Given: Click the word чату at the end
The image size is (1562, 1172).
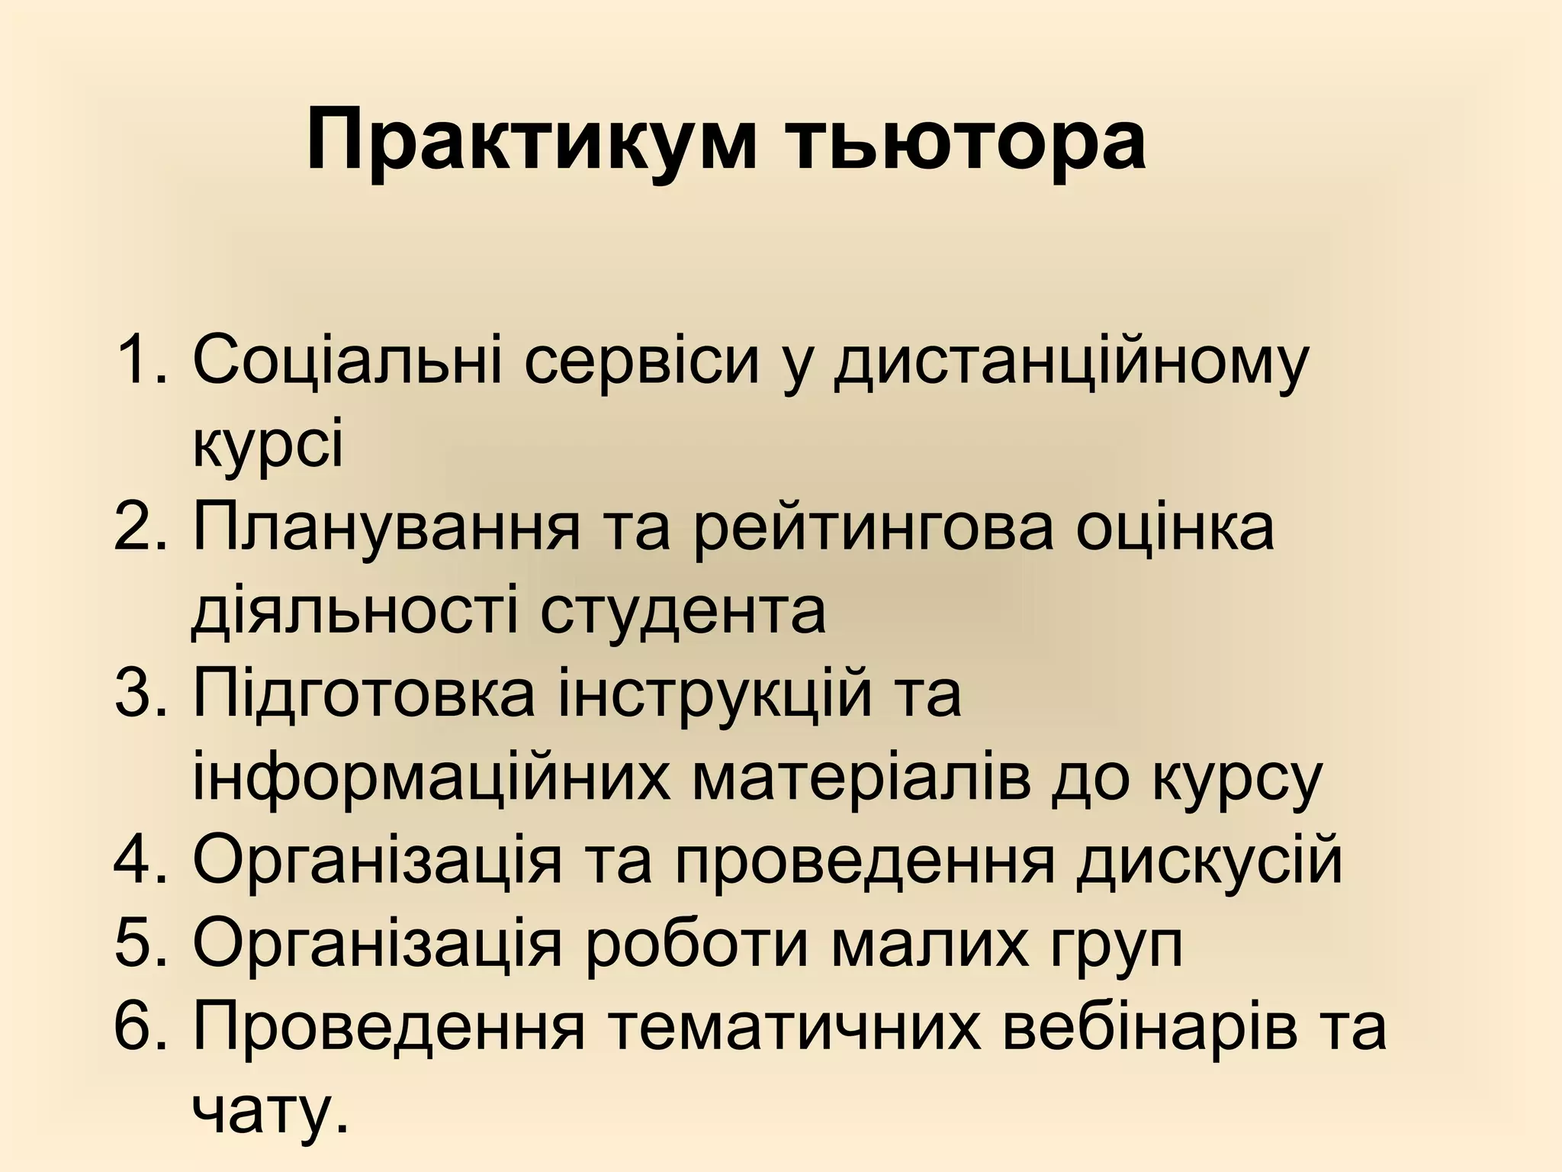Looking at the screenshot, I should [x=263, y=1110].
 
